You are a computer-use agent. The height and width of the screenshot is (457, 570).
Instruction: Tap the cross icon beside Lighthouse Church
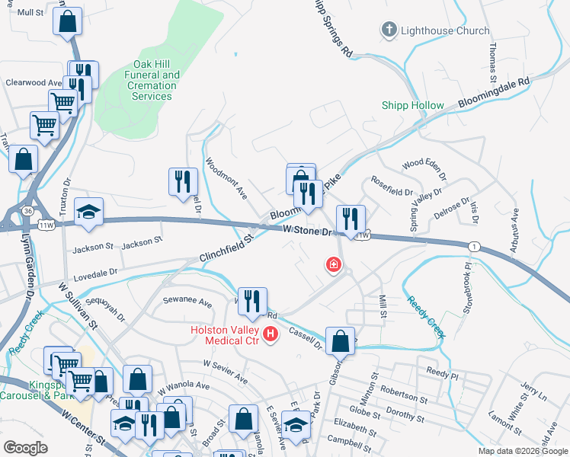(389, 30)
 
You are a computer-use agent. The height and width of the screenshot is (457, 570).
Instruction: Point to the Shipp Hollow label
(413, 105)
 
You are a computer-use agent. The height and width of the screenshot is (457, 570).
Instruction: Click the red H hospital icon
(269, 334)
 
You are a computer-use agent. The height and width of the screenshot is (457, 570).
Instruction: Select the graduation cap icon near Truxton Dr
(89, 212)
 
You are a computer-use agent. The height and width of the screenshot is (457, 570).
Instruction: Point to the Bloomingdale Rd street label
(494, 92)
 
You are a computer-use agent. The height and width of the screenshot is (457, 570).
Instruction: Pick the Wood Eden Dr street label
(424, 164)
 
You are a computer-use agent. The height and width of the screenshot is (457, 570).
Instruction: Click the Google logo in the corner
(26, 448)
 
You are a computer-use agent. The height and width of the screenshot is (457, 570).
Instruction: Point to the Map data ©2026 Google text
(524, 451)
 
